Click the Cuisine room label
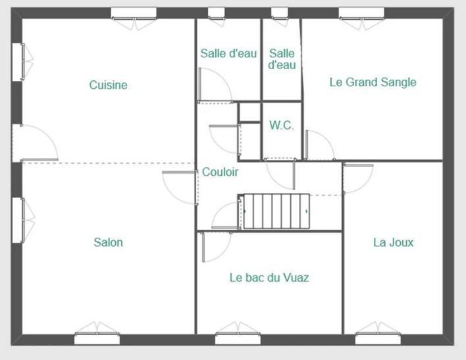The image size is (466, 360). click(108, 85)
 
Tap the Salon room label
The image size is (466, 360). click(108, 242)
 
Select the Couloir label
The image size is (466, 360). click(220, 172)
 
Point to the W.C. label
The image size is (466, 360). click(282, 125)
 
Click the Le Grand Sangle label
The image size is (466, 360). click(373, 82)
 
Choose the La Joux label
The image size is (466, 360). click(393, 242)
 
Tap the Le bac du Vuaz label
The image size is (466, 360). click(269, 278)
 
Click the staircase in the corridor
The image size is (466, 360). click(274, 211)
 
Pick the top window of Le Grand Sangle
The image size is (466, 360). click(362, 17)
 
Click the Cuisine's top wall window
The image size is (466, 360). click(134, 17)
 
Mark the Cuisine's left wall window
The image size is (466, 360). click(22, 62)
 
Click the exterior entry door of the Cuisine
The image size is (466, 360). click(35, 143)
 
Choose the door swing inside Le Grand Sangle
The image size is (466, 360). click(320, 145)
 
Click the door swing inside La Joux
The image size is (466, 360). click(358, 178)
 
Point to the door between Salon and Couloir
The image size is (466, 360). click(180, 188)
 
